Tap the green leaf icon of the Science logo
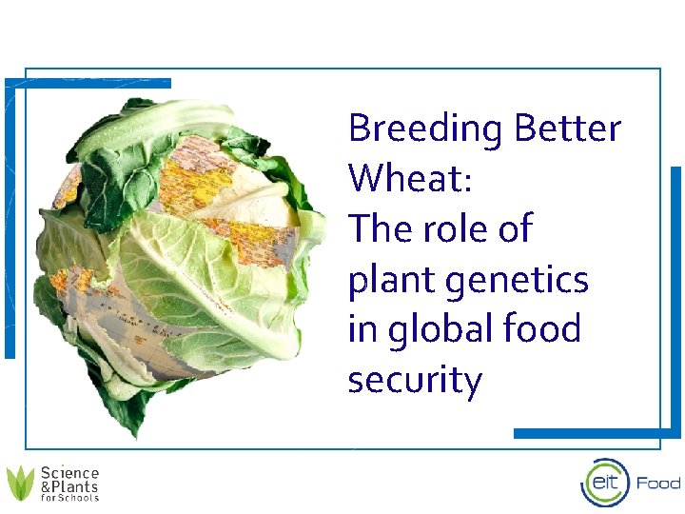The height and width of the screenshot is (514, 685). [x=20, y=484]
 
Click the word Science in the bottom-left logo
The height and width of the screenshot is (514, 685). [x=69, y=473]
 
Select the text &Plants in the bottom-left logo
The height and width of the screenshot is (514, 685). [x=69, y=486]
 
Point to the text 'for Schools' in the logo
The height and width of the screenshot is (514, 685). [x=69, y=498]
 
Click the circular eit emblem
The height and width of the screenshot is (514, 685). [x=605, y=484]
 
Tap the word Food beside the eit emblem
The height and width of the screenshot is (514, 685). [x=658, y=484]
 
